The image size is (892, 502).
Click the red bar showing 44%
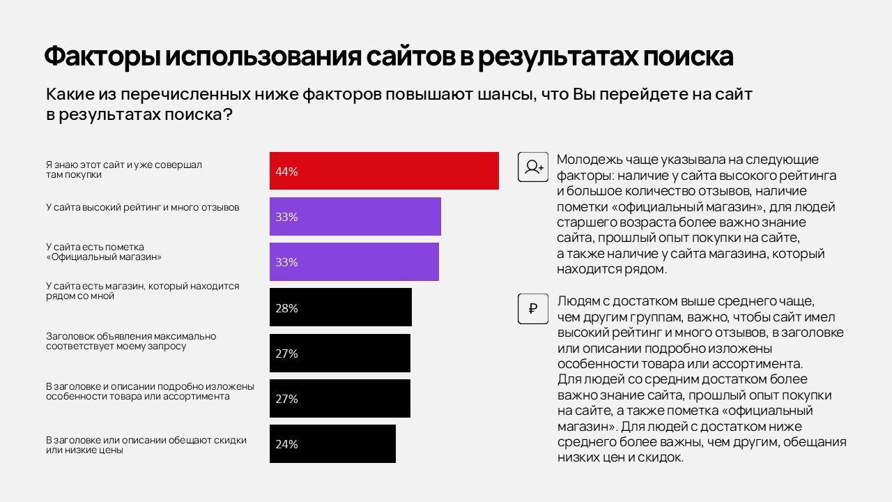[384, 171]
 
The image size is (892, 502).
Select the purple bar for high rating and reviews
[355, 216]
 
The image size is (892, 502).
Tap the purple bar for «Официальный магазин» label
[354, 261]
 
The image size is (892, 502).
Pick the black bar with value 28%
[341, 307]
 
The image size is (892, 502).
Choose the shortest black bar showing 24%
[332, 443]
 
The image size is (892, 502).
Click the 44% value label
[286, 172]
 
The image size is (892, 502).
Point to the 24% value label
[286, 444]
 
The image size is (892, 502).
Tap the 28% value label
[286, 308]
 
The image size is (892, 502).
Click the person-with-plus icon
[533, 167]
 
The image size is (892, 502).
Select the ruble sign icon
[533, 309]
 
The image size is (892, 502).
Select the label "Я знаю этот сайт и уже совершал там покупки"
[123, 169]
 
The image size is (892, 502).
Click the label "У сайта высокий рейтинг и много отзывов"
[142, 207]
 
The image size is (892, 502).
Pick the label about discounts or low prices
[146, 445]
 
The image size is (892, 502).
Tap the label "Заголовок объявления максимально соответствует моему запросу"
[131, 341]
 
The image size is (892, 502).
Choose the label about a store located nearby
[142, 291]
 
